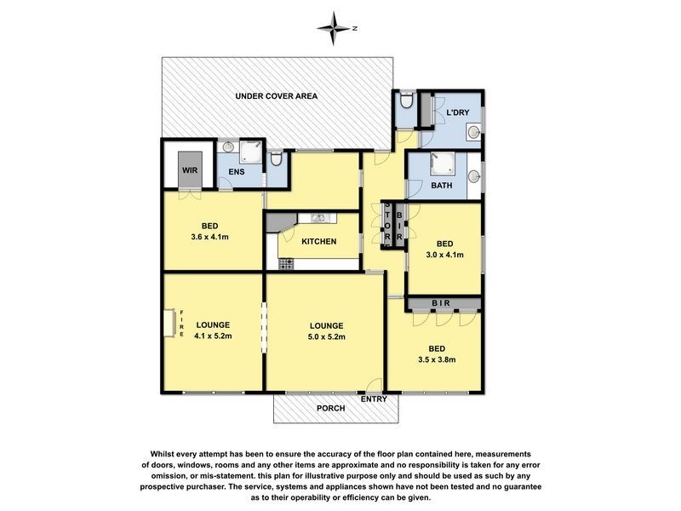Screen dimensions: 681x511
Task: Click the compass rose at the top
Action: tap(334, 29)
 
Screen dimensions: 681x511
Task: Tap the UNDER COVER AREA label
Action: tap(276, 96)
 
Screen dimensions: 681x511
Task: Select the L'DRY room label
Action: tap(458, 112)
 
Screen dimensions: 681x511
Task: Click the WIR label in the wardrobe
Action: tap(190, 169)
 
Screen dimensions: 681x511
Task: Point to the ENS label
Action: tap(237, 172)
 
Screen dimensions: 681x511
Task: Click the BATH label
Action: tap(441, 185)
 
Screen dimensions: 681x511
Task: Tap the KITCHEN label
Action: tap(318, 242)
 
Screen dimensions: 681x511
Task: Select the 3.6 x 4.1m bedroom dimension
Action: tap(209, 238)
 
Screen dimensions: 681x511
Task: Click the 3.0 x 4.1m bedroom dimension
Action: tap(444, 255)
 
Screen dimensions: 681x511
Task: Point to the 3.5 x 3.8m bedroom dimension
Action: tap(437, 359)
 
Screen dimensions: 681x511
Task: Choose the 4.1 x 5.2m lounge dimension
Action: tap(213, 336)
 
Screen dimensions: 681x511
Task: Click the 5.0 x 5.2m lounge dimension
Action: tap(327, 336)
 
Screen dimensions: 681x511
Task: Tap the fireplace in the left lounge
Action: tap(169, 323)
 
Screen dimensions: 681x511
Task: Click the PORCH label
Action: tap(331, 409)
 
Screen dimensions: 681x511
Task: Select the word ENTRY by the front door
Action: tap(374, 399)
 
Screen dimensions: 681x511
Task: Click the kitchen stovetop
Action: tap(286, 264)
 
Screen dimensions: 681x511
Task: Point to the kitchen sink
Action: tap(318, 218)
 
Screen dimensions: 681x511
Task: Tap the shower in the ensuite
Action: tap(251, 152)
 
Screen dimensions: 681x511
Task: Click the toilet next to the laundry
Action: tap(407, 100)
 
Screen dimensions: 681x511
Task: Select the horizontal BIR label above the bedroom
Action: tap(441, 303)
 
